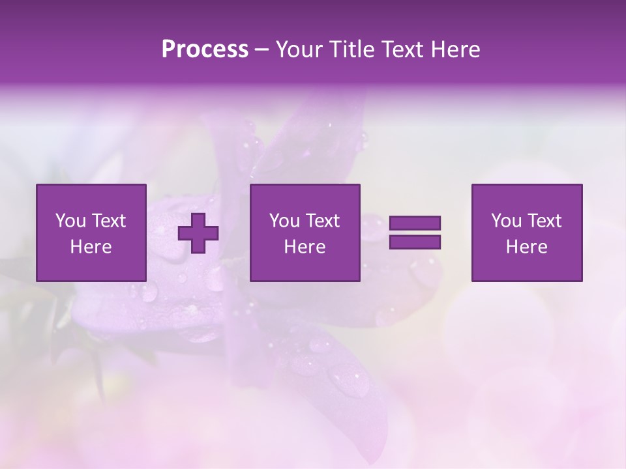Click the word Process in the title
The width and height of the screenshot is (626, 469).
205,50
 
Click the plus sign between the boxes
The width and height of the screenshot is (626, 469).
198,233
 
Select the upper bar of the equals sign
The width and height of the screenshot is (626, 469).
415,223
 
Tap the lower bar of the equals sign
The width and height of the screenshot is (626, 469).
415,242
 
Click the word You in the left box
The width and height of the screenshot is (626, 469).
71,221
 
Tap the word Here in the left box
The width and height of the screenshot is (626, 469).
91,247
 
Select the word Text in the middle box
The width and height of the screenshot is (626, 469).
322,221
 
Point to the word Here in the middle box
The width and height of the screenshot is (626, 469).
305,247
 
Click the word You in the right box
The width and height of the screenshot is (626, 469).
507,221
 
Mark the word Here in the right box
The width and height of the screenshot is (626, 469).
527,247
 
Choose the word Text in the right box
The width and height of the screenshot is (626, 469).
544,221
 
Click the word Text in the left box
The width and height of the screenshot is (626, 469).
108,221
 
